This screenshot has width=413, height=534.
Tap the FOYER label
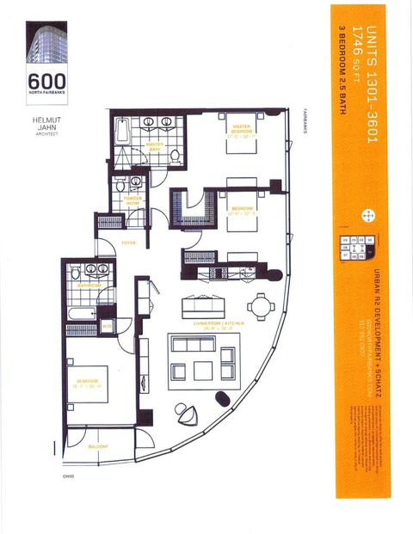[128, 242]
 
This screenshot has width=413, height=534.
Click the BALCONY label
[96, 446]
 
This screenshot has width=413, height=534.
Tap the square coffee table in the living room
[203, 370]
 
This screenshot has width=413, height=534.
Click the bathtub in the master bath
[121, 136]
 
